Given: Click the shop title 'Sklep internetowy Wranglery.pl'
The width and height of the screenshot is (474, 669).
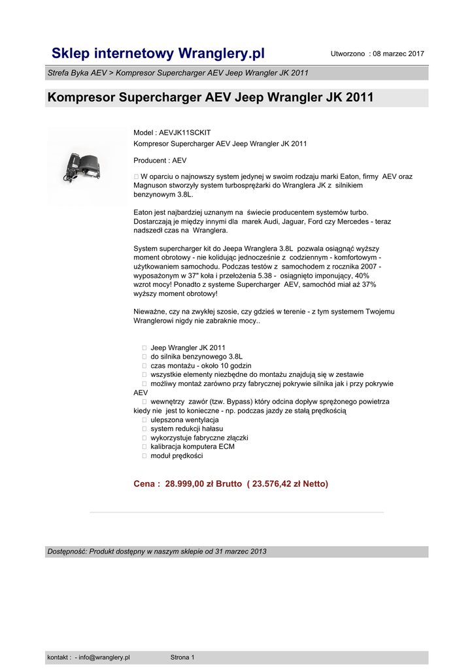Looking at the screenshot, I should [158, 53].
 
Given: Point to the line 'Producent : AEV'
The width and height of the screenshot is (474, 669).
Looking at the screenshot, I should [160, 160].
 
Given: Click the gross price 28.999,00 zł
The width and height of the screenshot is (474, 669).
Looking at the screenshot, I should [195, 484].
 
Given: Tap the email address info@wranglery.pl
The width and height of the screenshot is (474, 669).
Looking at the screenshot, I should [104, 657].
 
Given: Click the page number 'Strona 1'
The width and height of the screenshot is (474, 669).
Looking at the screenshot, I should [182, 657].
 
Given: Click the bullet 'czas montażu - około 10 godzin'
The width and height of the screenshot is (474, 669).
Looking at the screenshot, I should [201, 366].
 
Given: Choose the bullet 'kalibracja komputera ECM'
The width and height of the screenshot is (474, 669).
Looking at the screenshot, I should [192, 447].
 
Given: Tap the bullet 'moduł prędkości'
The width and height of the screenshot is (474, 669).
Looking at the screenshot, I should [177, 456].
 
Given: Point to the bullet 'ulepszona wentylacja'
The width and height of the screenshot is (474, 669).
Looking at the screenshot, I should [184, 420].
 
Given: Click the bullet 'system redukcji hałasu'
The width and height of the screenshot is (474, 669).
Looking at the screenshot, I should [186, 429].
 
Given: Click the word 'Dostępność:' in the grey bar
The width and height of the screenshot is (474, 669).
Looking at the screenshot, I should [67, 551].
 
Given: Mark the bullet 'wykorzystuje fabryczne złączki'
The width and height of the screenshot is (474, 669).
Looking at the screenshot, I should [199, 438].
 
